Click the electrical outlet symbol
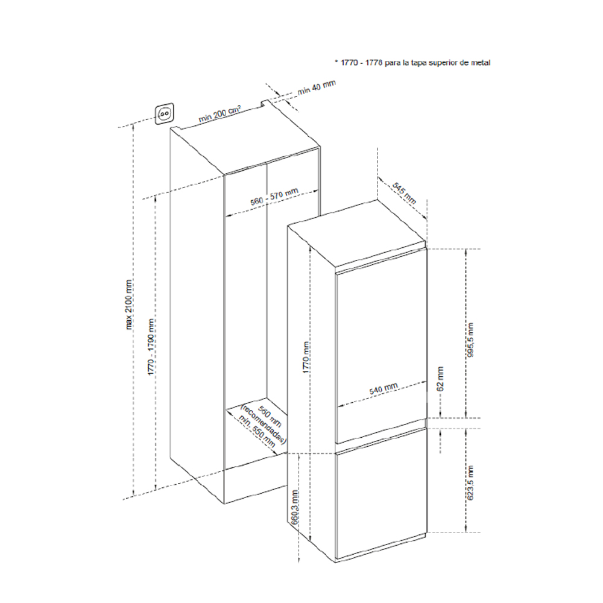165,113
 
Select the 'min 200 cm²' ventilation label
220,113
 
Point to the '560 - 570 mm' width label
274,198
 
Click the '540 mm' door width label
384,389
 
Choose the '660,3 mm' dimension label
295,510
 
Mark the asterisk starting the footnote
336,62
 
